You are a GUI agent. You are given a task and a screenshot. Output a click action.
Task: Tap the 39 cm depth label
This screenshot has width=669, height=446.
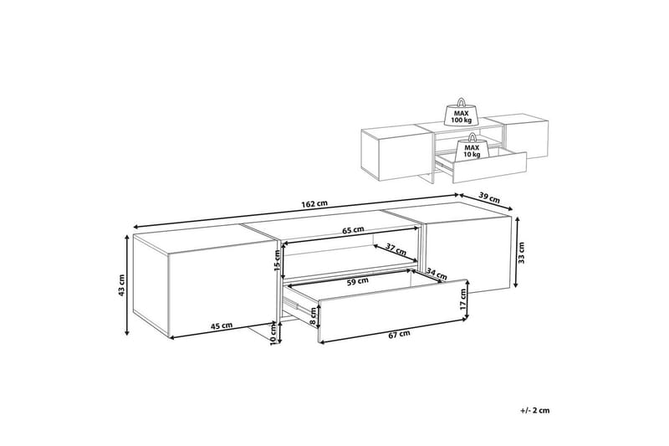tap(489, 197)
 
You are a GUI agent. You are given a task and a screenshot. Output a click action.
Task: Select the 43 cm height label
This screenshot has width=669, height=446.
tap(122, 285)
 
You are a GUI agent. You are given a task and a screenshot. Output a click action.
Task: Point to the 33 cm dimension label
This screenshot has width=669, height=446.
tap(522, 253)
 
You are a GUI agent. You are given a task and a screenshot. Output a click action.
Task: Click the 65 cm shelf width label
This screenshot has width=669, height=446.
tap(353, 229)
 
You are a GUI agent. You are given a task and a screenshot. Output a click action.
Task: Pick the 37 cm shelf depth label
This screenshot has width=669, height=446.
tap(396, 249)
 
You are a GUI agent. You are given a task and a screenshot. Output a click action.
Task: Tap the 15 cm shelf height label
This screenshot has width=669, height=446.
tap(277, 261)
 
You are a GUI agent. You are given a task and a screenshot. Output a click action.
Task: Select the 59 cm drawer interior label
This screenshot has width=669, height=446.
tap(358, 282)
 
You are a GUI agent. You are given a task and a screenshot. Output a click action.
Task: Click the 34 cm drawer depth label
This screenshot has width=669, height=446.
tap(437, 274)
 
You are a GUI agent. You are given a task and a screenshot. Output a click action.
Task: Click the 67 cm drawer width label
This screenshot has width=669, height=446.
tap(400, 334)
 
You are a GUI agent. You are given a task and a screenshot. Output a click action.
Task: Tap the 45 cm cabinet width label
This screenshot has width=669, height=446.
tap(222, 326)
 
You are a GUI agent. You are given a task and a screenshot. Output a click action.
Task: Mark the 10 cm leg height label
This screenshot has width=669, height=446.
tap(274, 335)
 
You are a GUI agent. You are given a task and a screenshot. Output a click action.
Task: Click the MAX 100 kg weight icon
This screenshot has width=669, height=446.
tap(462, 113)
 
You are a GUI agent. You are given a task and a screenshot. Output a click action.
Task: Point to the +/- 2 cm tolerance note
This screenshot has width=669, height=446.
tap(535, 411)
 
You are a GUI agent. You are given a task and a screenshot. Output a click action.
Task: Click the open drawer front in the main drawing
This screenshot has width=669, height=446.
tap(393, 310)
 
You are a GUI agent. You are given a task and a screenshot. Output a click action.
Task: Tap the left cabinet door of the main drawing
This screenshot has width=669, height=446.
tap(221, 290)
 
